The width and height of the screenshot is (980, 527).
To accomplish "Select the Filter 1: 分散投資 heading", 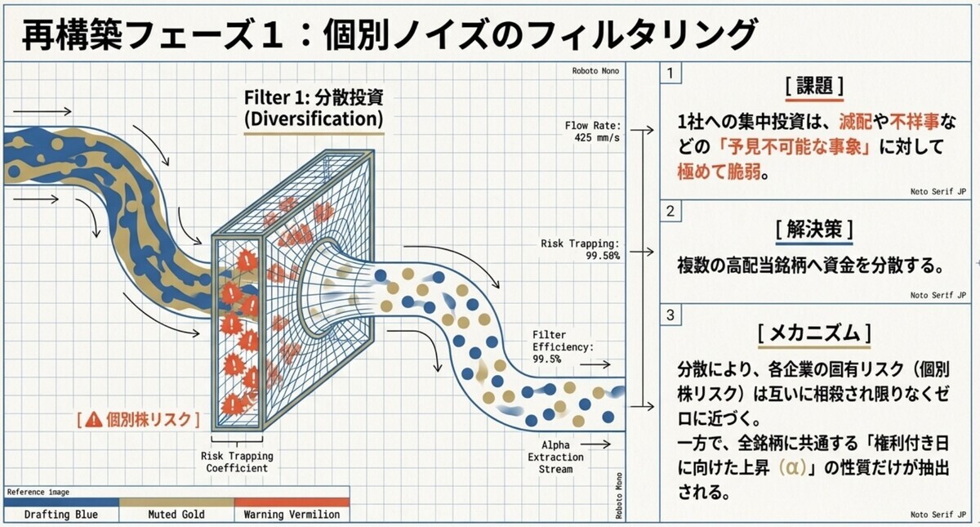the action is click(314, 108).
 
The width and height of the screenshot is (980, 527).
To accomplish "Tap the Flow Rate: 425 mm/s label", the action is click(593, 132).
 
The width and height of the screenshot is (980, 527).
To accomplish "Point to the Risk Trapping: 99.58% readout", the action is click(580, 249).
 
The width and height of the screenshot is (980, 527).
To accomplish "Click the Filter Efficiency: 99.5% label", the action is click(563, 347).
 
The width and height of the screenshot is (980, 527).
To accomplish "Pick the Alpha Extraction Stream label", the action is click(555, 457).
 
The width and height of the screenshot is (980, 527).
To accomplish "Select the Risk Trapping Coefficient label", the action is click(237, 462).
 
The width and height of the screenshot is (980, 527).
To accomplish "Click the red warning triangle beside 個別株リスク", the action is click(94, 420).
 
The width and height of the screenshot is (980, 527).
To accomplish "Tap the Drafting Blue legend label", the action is click(61, 514).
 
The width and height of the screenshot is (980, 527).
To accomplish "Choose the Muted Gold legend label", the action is click(176, 514).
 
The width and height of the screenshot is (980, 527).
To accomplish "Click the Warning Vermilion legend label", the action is click(292, 514).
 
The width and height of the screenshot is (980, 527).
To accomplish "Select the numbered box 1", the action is click(670, 73).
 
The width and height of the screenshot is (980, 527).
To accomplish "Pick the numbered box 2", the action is click(670, 212).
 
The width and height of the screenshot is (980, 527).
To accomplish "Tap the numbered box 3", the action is click(670, 315).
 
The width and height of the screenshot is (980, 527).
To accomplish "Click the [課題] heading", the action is click(814, 86).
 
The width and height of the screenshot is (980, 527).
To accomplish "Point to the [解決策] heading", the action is click(814, 229).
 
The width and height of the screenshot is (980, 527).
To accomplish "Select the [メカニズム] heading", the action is click(814, 333).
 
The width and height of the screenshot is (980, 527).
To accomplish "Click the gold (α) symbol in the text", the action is click(792, 467).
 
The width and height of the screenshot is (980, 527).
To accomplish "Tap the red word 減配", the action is click(855, 122).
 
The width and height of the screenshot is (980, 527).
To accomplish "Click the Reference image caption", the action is click(38, 492).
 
